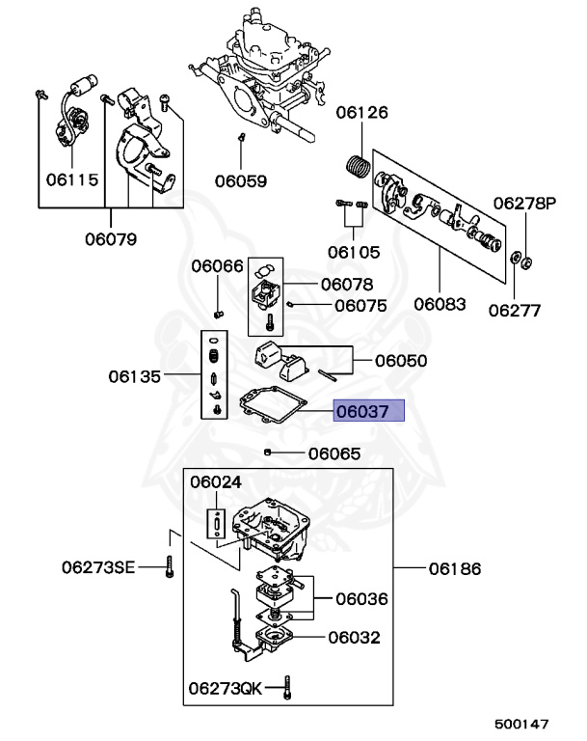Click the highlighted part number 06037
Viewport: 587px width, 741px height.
point(370,411)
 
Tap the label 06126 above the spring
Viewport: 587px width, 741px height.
point(361,113)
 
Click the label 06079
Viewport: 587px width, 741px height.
point(109,238)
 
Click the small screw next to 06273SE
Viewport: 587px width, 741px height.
point(169,566)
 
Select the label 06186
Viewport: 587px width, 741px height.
point(456,569)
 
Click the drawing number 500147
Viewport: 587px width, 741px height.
point(521,722)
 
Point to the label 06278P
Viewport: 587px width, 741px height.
point(525,204)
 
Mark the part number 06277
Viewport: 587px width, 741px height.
point(514,311)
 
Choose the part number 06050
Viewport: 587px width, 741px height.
point(401,361)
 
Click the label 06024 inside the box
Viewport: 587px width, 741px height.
point(216,481)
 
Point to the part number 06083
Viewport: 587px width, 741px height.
point(440,305)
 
